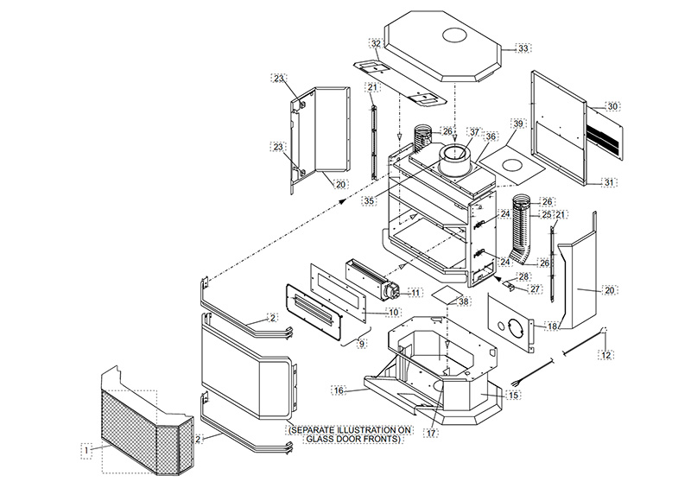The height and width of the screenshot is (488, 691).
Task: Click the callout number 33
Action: click(x=523, y=48)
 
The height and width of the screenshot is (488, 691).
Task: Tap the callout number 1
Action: click(x=86, y=449)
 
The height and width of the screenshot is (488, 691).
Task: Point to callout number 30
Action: click(x=612, y=106)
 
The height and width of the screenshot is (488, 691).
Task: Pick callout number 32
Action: click(x=376, y=43)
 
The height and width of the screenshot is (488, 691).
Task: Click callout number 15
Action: click(x=514, y=395)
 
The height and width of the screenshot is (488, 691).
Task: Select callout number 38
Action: click(x=464, y=302)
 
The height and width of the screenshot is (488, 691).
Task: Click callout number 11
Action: click(x=415, y=294)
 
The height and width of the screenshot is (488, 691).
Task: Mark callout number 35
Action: click(x=368, y=200)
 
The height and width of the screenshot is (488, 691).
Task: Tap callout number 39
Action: click(x=518, y=124)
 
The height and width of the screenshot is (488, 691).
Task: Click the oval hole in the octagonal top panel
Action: click(x=454, y=36)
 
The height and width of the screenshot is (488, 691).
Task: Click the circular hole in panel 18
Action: click(x=514, y=329)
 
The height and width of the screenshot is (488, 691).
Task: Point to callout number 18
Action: click(x=552, y=326)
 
